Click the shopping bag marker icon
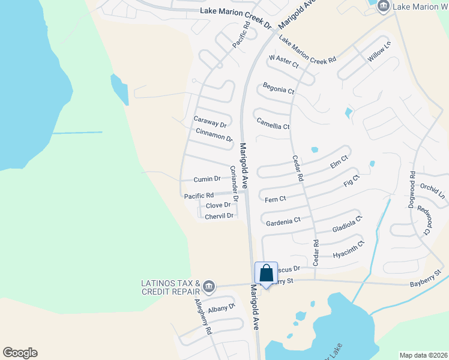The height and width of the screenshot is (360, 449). [x=267, y=273]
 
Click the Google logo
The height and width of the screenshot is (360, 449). [x=20, y=353]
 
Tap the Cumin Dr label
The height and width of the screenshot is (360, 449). [x=207, y=179]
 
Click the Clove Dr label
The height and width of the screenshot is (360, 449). [x=218, y=205]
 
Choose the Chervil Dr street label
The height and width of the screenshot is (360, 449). [x=218, y=216]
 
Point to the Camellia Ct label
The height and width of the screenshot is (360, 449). [x=273, y=127]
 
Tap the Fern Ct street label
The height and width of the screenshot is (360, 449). [x=275, y=199]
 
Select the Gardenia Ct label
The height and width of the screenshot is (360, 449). [x=283, y=222]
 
